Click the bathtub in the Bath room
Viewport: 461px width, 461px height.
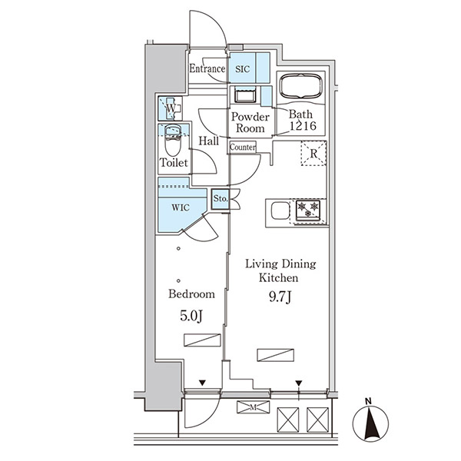300,85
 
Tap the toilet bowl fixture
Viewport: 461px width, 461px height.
173,141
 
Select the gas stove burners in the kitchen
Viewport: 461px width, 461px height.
308,210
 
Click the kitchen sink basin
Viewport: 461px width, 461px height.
280,211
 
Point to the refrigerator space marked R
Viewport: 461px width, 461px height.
313,154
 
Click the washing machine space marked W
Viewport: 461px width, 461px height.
171,108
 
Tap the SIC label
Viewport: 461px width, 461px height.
243,69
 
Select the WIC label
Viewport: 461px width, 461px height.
181,207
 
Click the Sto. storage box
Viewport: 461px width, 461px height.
221,199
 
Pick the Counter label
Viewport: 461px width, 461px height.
243,147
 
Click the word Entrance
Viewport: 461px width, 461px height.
207,68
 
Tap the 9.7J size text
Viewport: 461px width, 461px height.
280,297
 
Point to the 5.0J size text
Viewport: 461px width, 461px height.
191,316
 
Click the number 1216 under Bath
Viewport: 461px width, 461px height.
303,126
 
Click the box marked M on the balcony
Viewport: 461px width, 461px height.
253,407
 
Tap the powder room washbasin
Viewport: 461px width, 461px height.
245,95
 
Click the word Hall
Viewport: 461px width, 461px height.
209,141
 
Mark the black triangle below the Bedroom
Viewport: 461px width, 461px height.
202,383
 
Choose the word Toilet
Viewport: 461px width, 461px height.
174,163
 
